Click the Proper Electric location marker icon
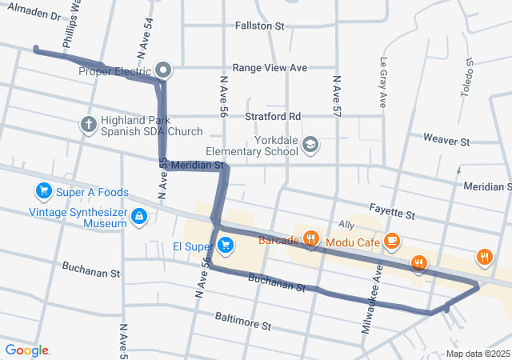click(163, 70)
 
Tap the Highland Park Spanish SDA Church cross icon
click(89, 124)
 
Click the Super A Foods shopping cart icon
click(42, 190)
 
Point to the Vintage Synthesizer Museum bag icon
click(140, 216)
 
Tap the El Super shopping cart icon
click(226, 245)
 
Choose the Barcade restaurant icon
click(311, 239)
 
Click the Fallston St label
click(259, 26)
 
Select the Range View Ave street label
click(270, 68)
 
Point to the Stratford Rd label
click(273, 116)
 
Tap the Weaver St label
click(446, 141)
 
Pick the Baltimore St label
click(244, 322)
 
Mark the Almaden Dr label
click(33, 15)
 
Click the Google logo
click(26, 350)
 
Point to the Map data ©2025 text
click(477, 354)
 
